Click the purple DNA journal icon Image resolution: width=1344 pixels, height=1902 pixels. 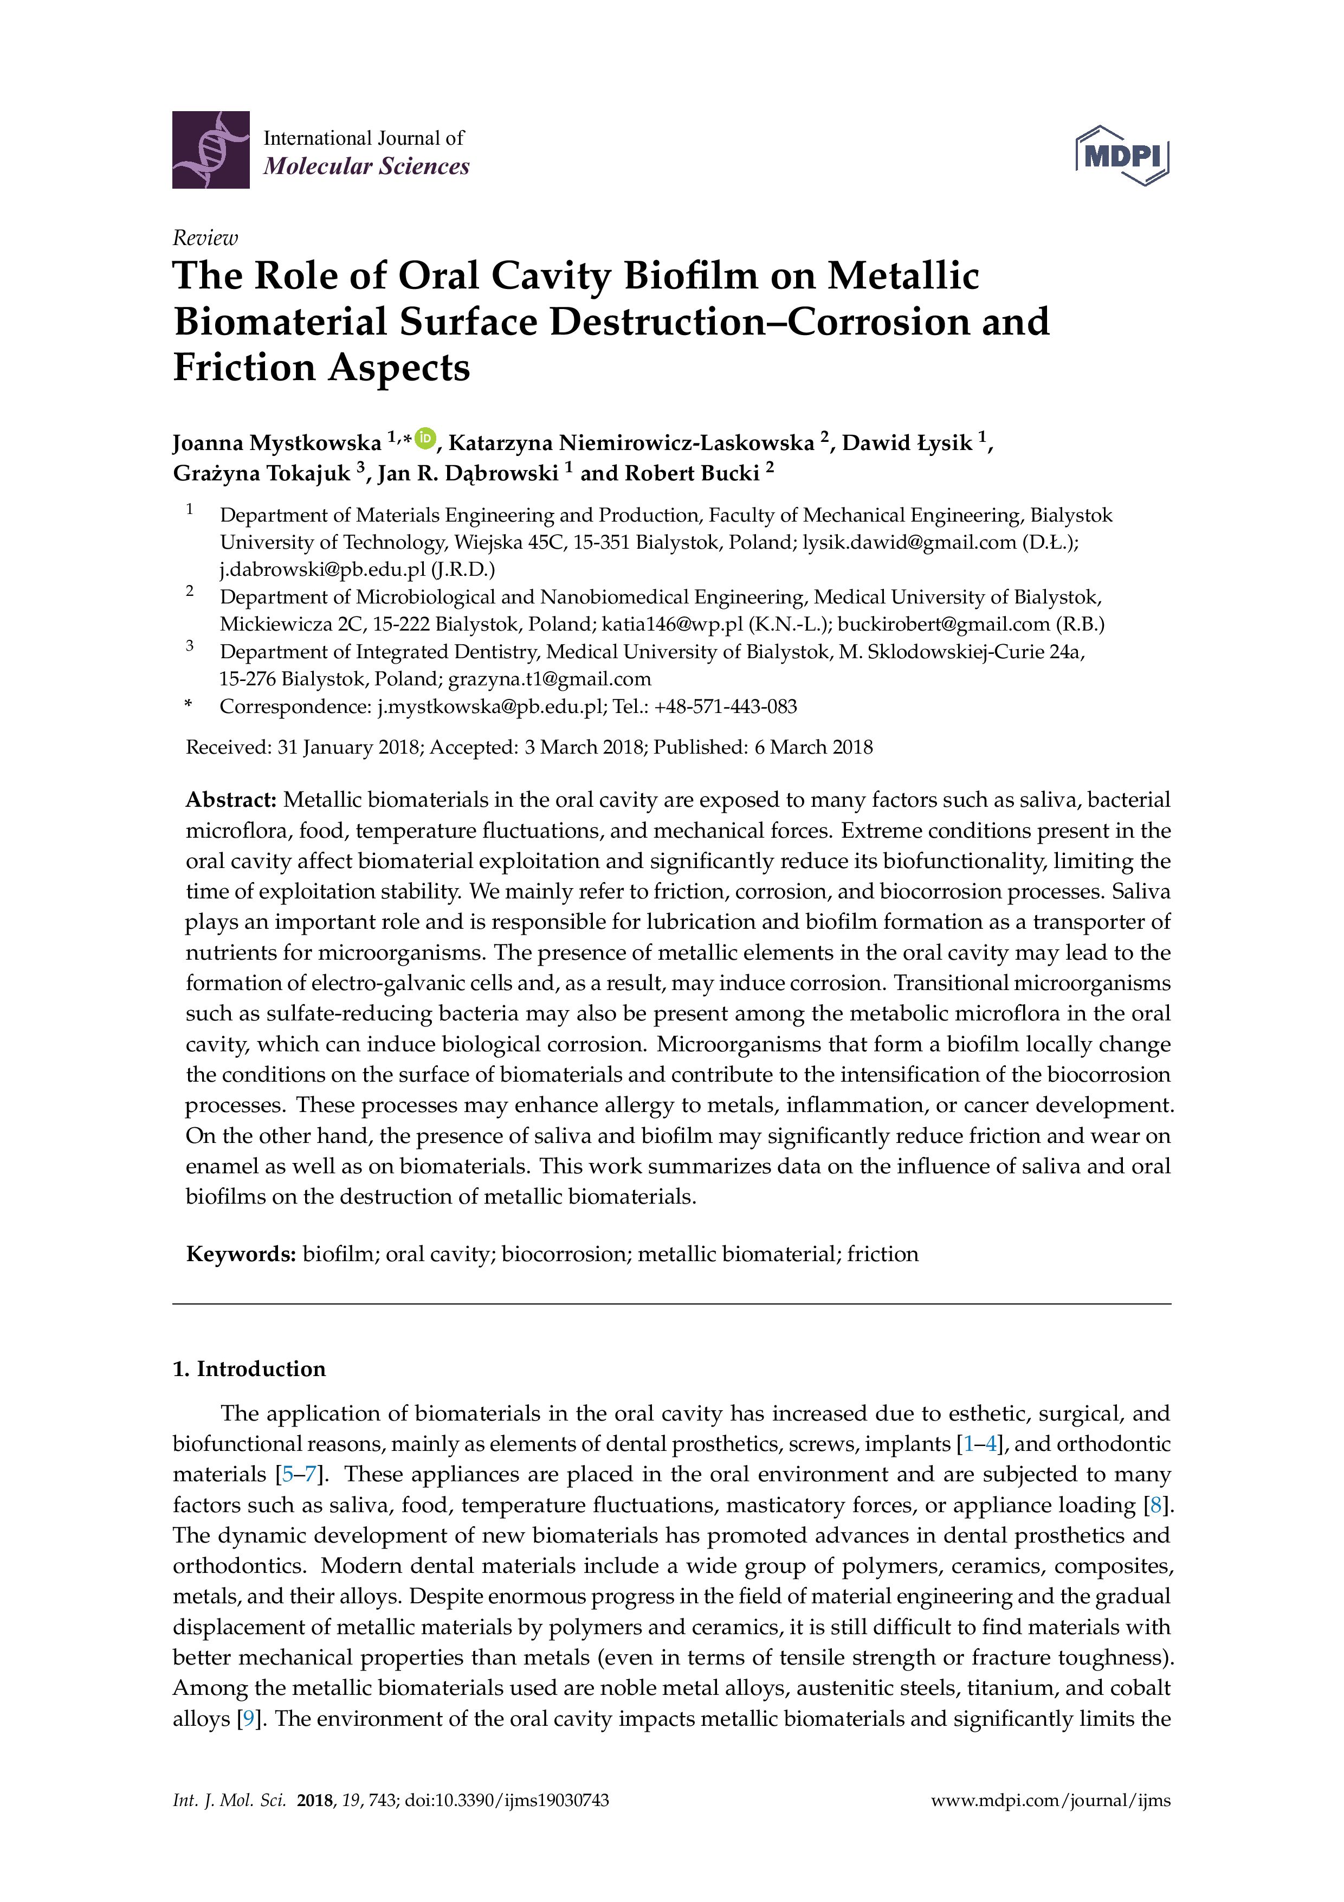[x=210, y=150]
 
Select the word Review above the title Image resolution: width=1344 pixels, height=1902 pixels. [x=204, y=239]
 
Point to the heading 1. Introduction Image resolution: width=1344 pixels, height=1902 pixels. [x=249, y=1368]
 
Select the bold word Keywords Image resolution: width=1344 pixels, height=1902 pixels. [x=240, y=1254]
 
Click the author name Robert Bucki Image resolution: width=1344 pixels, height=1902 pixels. [x=692, y=473]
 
